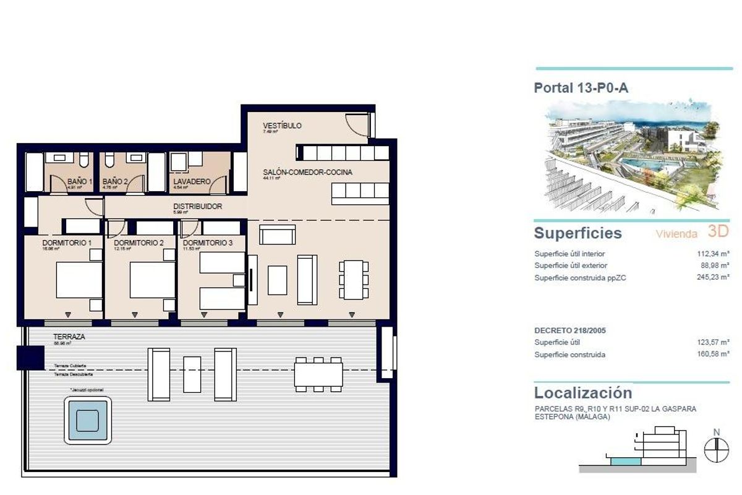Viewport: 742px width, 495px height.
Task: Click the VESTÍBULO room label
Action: [282, 126]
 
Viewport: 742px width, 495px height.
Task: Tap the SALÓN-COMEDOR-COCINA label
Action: [307, 173]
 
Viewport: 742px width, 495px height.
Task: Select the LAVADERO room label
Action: [192, 182]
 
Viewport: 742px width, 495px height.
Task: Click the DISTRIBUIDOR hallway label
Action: [197, 207]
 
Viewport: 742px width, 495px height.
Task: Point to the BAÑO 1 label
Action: [80, 182]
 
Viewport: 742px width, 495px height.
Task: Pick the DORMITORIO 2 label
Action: [139, 243]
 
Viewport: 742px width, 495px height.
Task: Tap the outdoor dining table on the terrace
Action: [318, 374]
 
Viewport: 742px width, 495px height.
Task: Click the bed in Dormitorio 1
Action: [79, 280]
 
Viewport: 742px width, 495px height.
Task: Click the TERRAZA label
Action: [69, 337]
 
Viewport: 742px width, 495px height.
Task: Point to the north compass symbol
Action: [716, 449]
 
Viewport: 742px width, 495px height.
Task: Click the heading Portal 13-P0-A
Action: [581, 88]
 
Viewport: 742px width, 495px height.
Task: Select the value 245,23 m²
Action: [713, 278]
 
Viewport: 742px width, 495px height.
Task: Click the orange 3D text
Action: [719, 232]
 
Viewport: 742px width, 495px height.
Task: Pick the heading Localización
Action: [582, 393]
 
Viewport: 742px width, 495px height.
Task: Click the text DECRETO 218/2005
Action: [570, 330]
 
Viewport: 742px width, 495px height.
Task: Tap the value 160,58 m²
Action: [713, 355]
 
